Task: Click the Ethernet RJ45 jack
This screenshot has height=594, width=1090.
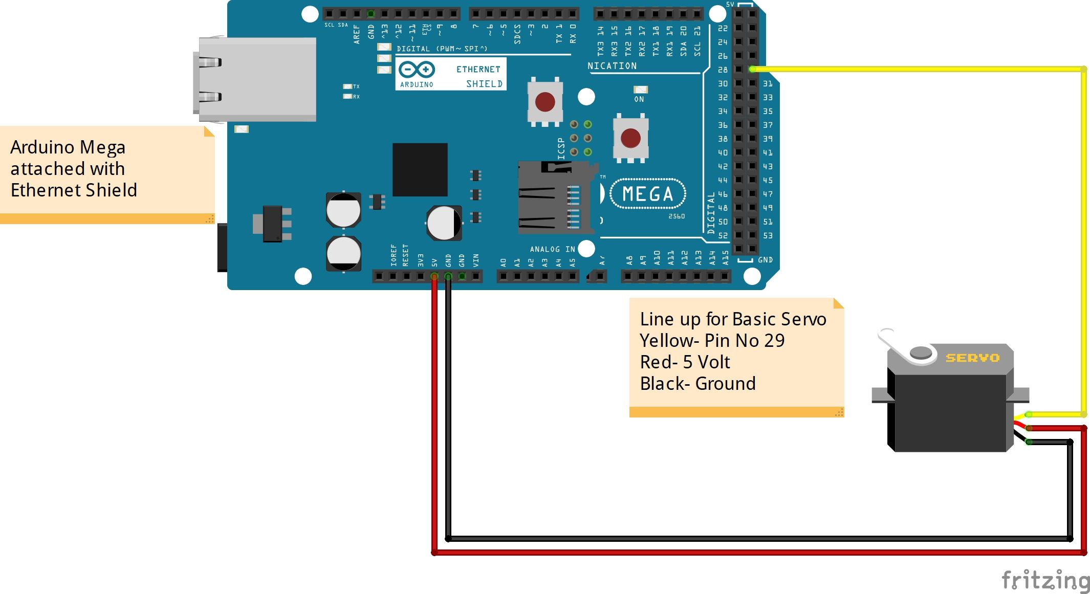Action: (x=256, y=79)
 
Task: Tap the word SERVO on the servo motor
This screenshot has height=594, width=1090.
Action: (x=972, y=358)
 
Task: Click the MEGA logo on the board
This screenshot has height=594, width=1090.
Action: (x=648, y=194)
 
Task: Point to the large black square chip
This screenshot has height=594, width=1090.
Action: (x=420, y=170)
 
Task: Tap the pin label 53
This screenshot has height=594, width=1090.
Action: (x=768, y=236)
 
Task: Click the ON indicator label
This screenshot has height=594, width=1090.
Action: (x=639, y=99)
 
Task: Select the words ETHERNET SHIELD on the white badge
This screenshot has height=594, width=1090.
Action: (x=479, y=76)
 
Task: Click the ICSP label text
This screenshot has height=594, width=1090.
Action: (x=561, y=148)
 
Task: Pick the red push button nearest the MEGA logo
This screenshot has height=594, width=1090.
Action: (x=630, y=138)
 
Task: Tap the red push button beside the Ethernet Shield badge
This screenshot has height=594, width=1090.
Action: (x=545, y=102)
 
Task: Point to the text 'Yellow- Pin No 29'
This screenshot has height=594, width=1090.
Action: (x=712, y=341)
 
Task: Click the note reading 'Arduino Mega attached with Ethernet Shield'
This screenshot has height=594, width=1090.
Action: (x=74, y=169)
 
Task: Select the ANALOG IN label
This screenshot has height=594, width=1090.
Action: (x=552, y=249)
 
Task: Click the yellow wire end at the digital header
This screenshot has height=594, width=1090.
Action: (x=752, y=69)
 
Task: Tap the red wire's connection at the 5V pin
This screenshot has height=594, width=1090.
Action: (x=434, y=276)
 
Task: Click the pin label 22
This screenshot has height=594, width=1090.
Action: (x=723, y=28)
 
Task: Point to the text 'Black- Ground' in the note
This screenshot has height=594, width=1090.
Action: (x=697, y=384)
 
